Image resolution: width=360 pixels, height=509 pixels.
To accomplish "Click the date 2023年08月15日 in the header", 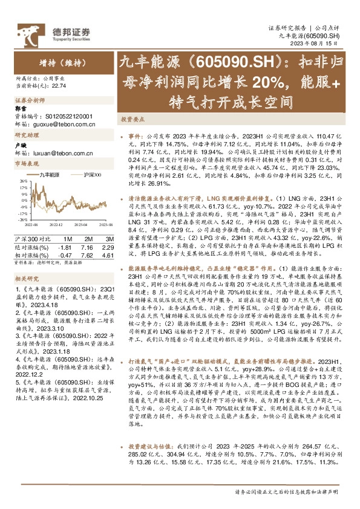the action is pos(326,44).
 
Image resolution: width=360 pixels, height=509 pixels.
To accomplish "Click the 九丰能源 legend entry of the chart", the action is pos(52,175).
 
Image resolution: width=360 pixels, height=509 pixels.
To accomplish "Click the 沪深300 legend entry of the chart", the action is pos(88,175).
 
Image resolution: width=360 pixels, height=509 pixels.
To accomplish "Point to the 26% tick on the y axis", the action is pos(24,180).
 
